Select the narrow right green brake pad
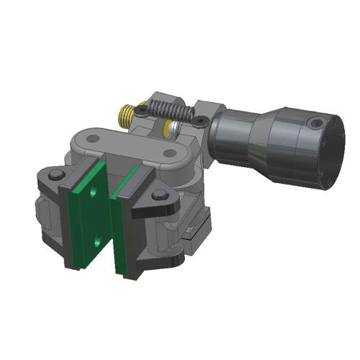tap(128, 223)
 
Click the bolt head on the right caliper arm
tap(158, 197)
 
